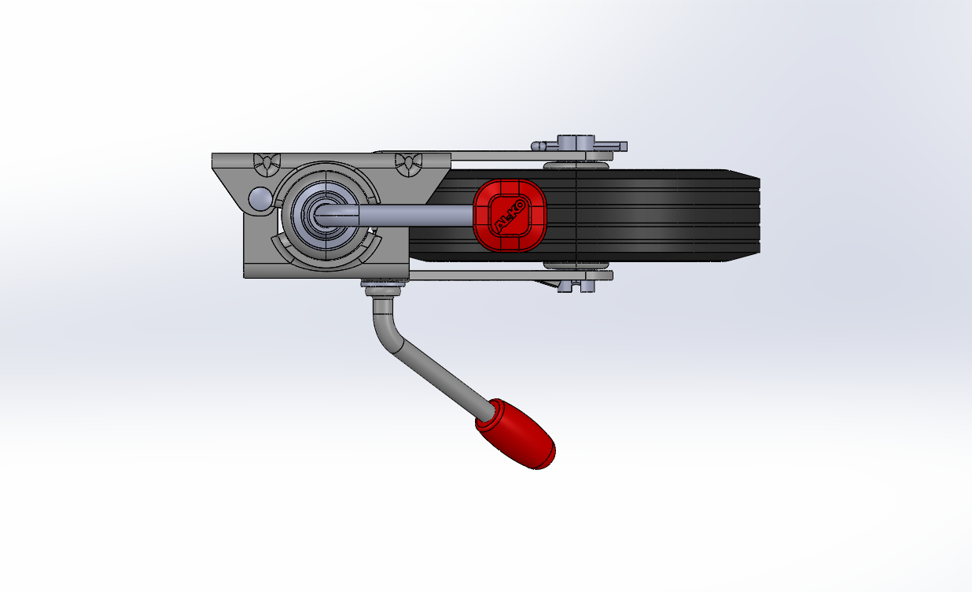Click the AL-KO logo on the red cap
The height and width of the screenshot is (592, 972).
(x=510, y=216)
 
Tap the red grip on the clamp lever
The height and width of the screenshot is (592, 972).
(x=516, y=435)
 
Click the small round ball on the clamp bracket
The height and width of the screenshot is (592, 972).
(x=260, y=199)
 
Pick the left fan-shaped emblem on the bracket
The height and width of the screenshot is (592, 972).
(x=267, y=165)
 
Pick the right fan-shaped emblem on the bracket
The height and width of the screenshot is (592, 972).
(x=408, y=165)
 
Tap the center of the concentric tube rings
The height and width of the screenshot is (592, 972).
(x=326, y=216)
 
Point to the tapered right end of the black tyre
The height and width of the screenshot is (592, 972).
(x=744, y=216)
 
